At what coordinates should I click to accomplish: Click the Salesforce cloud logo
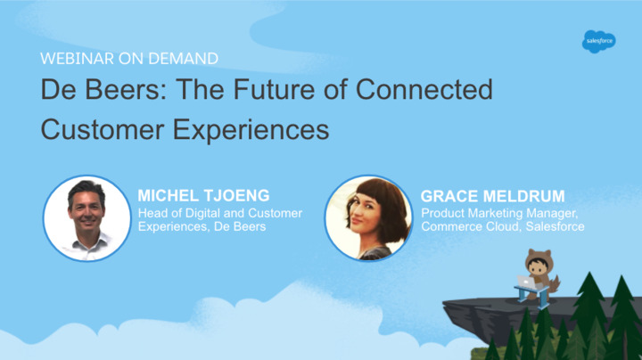[598, 41]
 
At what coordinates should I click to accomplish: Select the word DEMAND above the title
[183, 59]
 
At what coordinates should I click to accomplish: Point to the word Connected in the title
[424, 89]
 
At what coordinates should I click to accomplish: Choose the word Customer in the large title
[103, 129]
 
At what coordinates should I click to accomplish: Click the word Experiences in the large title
[251, 130]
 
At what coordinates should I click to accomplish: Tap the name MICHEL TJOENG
[203, 195]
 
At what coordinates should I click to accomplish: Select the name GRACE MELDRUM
[492, 196]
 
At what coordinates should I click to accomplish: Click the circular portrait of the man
[87, 218]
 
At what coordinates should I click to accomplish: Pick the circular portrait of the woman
[368, 218]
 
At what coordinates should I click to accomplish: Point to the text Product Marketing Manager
[499, 214]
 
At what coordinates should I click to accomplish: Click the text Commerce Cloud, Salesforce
[503, 226]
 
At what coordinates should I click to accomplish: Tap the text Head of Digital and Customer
[220, 213]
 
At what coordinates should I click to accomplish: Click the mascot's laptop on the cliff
[526, 282]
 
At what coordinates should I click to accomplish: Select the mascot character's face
[537, 267]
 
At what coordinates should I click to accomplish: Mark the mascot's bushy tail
[554, 284]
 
